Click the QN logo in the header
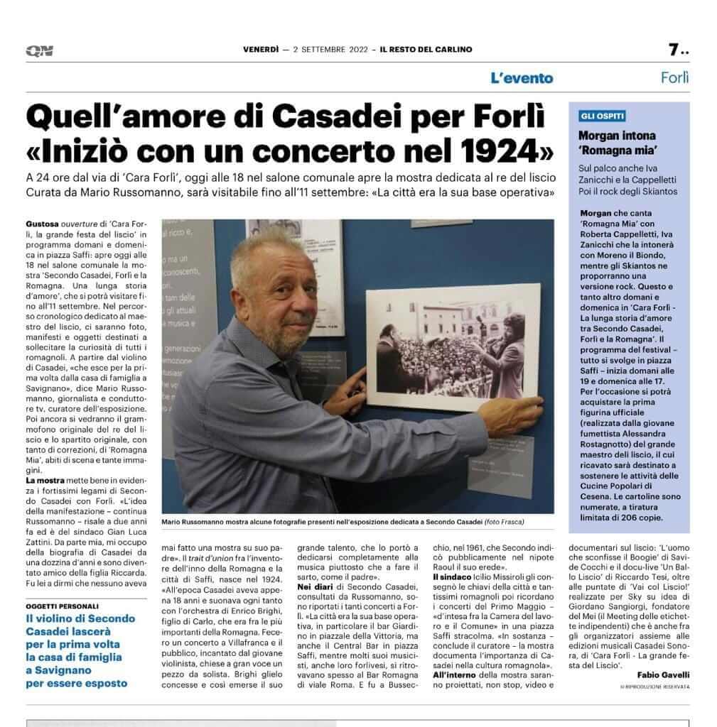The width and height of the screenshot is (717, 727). coord(40,50)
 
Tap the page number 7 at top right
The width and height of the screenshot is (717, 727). coord(674,50)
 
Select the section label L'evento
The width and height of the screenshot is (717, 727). coord(521,78)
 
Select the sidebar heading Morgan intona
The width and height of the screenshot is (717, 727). coord(617,135)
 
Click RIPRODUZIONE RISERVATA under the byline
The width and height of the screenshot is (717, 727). coord(654,688)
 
